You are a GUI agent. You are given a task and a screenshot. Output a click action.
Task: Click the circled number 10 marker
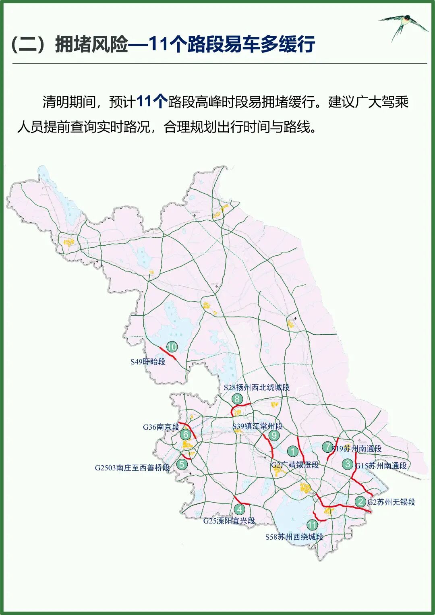pyautogui.click(x=172, y=347)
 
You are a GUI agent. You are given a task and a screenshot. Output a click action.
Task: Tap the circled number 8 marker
pyautogui.click(x=237, y=399)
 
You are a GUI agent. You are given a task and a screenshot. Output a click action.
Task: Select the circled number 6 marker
pyautogui.click(x=186, y=434)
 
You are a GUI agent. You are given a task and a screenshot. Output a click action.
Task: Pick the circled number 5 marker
pyautogui.click(x=182, y=464)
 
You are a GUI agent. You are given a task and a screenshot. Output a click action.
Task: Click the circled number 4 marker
pyautogui.click(x=240, y=509)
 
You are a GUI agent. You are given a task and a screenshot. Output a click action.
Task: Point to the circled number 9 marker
pyautogui.click(x=274, y=435)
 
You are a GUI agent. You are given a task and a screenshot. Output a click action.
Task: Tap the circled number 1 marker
pyautogui.click(x=292, y=451)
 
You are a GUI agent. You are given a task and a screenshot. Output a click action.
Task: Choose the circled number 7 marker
pyautogui.click(x=327, y=447)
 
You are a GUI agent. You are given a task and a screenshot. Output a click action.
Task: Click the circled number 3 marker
pyautogui.click(x=348, y=464)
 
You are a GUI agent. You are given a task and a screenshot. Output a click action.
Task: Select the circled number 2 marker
pyautogui.click(x=360, y=501)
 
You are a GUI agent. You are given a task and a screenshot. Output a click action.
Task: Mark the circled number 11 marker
pyautogui.click(x=312, y=525)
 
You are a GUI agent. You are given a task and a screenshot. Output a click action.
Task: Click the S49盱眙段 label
pyautogui.click(x=148, y=362)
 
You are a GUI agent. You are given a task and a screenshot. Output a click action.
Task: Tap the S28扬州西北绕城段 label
pyautogui.click(x=257, y=387)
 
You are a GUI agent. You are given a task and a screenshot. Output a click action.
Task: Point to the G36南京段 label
pyautogui.click(x=161, y=427)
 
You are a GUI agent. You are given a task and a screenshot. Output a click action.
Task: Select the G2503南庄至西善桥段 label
pyautogui.click(x=132, y=468)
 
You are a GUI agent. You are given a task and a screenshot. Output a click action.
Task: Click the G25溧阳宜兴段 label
pyautogui.click(x=229, y=521)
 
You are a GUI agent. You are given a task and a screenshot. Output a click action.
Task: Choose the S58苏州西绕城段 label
pyautogui.click(x=294, y=537)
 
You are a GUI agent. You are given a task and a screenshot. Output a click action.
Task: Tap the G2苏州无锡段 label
pyautogui.click(x=391, y=502)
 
